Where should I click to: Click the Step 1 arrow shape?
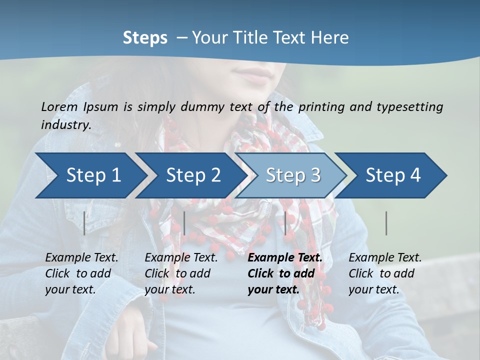[x=90, y=175]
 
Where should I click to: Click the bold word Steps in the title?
[x=145, y=38]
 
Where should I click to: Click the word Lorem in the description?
[x=59, y=106]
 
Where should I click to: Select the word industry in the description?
[x=65, y=125]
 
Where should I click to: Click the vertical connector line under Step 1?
[x=84, y=223]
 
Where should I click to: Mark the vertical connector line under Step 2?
[x=184, y=223]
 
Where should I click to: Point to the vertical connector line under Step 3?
[x=285, y=223]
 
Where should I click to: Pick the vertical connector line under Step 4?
[x=386, y=223]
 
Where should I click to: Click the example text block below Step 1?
[x=81, y=273]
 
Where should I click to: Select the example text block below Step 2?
[x=181, y=273]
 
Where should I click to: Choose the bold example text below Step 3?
[x=285, y=273]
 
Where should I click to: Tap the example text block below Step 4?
[x=385, y=273]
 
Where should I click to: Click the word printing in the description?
[x=320, y=106]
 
